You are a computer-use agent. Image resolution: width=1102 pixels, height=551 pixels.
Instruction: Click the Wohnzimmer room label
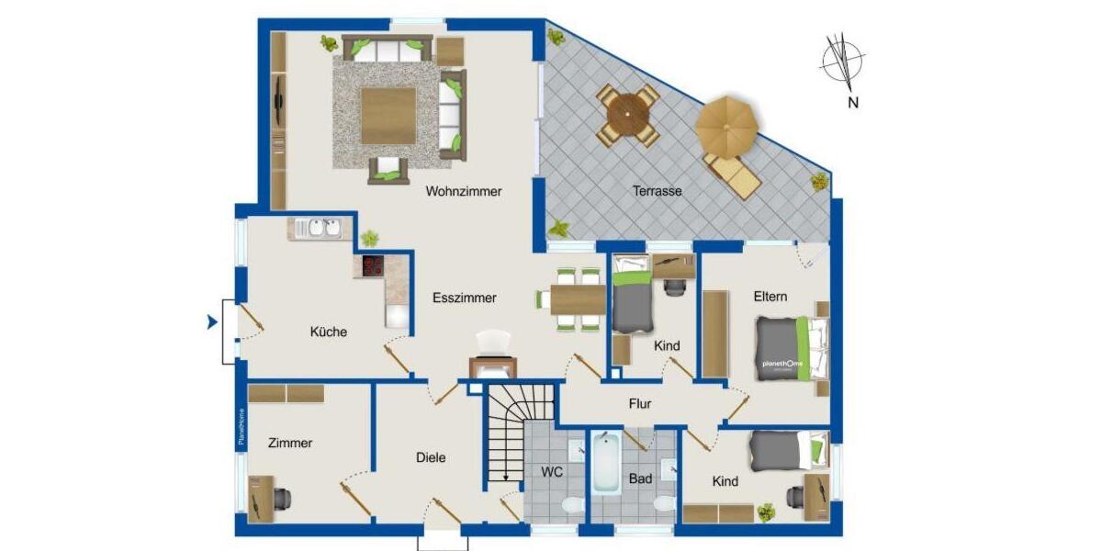coord(463,192)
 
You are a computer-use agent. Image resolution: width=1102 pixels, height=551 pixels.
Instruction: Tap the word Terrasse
coord(658,192)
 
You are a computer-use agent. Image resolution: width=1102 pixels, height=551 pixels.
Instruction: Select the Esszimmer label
coord(465,298)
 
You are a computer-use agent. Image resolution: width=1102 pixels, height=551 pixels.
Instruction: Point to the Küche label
coord(328,332)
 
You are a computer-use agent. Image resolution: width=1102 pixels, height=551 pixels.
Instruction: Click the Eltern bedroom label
coord(770,297)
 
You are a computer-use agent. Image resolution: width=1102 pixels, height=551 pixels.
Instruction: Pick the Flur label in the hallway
coord(640,403)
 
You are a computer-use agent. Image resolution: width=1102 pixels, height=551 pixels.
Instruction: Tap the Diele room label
coord(431,457)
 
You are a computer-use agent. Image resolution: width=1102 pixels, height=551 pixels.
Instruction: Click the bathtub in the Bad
coord(605,464)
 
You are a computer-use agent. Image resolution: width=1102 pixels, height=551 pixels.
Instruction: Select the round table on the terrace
coord(628,117)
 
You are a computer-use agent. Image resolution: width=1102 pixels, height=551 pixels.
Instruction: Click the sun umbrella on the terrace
coord(728,124)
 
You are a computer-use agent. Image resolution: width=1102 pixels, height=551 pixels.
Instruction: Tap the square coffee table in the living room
coord(389,116)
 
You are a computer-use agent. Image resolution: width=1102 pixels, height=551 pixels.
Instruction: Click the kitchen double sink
coord(320,228)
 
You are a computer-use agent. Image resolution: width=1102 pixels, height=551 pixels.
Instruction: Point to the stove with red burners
coord(371,267)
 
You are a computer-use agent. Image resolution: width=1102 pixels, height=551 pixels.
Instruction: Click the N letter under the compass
coord(853,103)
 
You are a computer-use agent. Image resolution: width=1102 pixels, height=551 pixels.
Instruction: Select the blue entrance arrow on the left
coord(211,321)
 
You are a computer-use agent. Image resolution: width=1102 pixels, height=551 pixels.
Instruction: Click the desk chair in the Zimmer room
coord(283,498)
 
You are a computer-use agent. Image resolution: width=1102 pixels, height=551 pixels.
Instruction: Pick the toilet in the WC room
coord(569,505)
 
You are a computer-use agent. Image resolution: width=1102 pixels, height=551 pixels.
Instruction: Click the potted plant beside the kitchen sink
coord(369,238)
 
